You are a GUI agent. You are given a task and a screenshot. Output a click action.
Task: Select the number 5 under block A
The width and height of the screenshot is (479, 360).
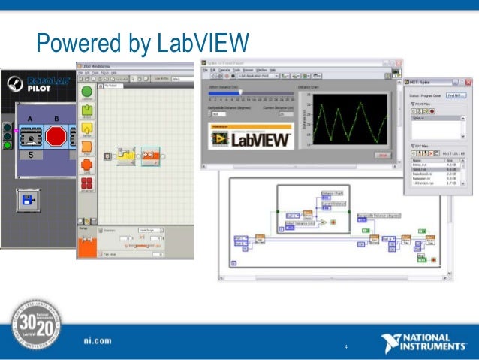click(x=31, y=155)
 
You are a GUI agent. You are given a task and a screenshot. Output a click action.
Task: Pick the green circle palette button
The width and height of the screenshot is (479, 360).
click(x=86, y=93)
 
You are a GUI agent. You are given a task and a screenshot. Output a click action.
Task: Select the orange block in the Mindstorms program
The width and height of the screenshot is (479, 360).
click(x=151, y=156)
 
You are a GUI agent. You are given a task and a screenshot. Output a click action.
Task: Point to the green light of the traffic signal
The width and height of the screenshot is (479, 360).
click(x=8, y=145)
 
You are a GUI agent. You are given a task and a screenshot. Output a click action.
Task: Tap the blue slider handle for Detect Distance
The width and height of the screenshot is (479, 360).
click(x=240, y=93)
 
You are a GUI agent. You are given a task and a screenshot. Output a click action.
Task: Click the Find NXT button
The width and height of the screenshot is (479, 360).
click(x=456, y=95)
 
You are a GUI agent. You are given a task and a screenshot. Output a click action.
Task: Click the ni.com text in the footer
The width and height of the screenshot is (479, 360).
click(x=98, y=340)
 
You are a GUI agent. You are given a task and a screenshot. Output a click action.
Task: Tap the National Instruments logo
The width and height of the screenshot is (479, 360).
click(x=423, y=343)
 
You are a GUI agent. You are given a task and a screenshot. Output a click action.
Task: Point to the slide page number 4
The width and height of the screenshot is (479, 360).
click(x=346, y=347)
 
